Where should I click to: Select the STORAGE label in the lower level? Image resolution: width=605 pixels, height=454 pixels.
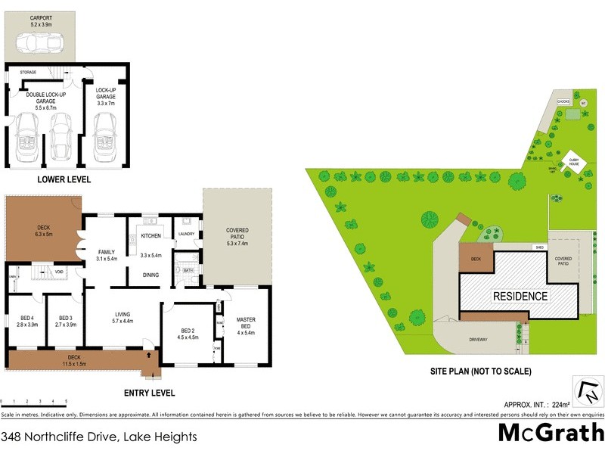pos(28,72)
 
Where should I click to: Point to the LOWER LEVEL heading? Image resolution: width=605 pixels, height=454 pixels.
pos(64,179)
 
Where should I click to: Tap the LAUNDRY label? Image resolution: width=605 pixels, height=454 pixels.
pos(186,235)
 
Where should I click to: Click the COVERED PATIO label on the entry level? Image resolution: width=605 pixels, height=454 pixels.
pos(237,235)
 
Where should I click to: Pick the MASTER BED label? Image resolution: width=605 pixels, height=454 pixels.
pos(247,323)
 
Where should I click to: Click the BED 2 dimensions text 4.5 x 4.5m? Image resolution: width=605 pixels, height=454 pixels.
pos(188,337)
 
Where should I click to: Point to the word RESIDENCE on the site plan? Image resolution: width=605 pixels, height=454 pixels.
pos(520,295)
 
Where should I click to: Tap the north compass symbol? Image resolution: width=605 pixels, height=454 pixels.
pos(588,393)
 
